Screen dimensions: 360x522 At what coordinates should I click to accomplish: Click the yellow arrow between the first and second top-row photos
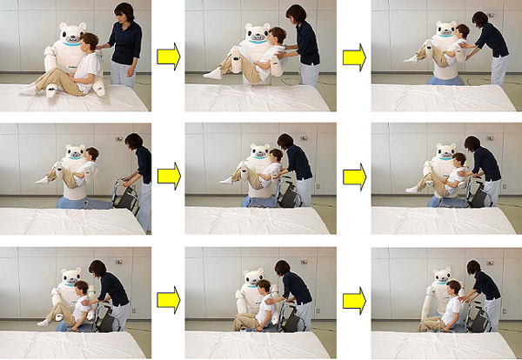168,57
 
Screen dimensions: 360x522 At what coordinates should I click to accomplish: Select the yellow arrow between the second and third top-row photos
353,57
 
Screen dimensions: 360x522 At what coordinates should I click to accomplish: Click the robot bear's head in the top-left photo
72,34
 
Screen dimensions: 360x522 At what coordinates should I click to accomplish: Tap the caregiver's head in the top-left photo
124,12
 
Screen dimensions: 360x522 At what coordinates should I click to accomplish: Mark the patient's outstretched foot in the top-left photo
27,89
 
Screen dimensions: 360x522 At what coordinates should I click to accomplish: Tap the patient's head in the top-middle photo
278,36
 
